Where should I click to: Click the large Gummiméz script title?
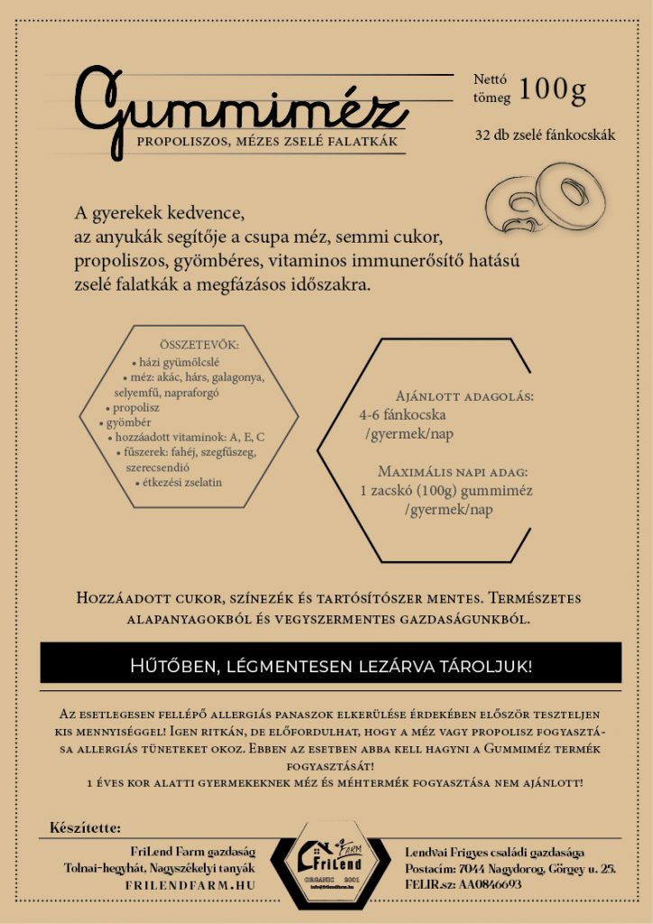239,108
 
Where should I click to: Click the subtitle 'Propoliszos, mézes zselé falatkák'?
266,143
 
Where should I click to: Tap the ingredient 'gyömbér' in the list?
128,422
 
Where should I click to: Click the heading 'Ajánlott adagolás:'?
464,396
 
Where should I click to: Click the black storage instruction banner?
331,666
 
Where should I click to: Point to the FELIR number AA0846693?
490,885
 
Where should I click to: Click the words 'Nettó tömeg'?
492,88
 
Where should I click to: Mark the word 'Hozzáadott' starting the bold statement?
122,599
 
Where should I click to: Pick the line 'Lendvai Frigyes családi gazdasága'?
493,852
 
